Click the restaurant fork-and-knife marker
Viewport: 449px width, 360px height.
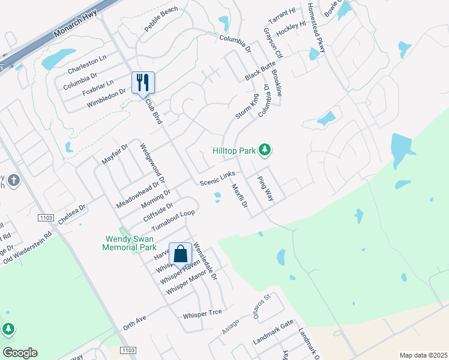tap(143, 82)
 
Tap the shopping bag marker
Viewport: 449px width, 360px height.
tap(180, 254)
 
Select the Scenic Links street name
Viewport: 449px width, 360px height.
tap(217, 178)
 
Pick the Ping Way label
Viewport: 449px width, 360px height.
tap(265, 188)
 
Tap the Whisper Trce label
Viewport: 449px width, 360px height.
tap(202, 312)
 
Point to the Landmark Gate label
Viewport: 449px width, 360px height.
tap(273, 340)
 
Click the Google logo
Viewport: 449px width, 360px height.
tap(20, 352)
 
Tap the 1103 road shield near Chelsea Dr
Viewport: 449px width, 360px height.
tap(46, 217)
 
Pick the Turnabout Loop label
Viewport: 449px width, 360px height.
tap(173, 222)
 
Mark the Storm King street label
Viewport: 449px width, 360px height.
tap(247, 106)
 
